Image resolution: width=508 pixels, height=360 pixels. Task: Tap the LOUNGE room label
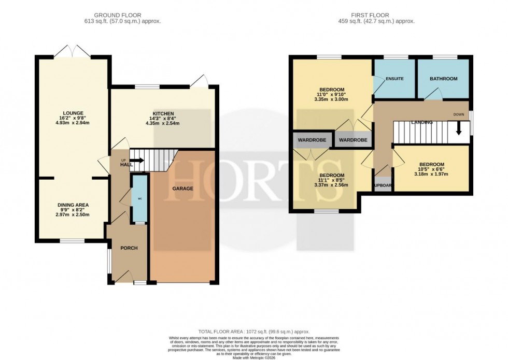(73, 113)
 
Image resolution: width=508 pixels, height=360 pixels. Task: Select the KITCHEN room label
(163, 113)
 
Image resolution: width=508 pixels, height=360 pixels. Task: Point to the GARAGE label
(183, 189)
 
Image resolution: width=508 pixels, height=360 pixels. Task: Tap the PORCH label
(129, 248)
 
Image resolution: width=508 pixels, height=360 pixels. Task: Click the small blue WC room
(139, 198)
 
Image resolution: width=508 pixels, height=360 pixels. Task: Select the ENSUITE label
(394, 79)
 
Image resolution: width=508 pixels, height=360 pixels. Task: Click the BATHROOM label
(443, 79)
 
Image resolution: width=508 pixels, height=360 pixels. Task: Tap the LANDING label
(421, 122)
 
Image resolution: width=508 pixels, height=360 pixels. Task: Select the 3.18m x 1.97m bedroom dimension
(431, 174)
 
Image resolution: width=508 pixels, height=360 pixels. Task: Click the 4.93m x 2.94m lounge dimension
(73, 124)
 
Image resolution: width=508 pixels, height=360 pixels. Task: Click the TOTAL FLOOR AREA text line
(253, 332)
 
